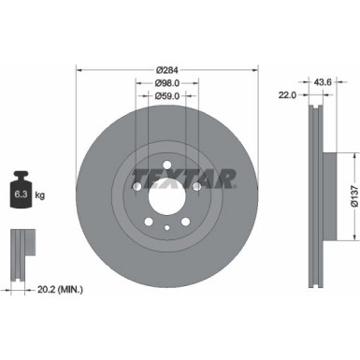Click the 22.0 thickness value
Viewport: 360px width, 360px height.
point(287,95)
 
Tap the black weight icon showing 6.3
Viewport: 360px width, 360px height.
point(22,193)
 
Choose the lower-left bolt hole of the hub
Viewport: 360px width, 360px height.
point(146,223)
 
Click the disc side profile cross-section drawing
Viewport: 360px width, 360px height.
point(315,186)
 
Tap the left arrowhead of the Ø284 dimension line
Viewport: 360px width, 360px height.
point(78,70)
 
